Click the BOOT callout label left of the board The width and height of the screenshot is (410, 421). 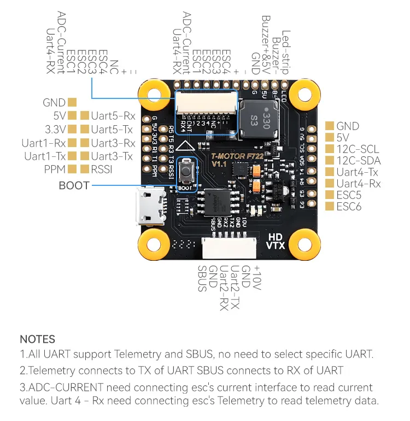click(74, 186)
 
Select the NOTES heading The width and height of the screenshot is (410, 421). click(37, 340)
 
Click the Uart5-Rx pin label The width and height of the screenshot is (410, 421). click(113, 115)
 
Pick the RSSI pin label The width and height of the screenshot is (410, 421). click(102, 169)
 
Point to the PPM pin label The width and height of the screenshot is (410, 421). click(55, 169)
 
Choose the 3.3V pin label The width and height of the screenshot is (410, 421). click(56, 129)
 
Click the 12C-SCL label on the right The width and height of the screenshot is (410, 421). click(358, 149)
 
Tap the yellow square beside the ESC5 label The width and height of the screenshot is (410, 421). click(329, 195)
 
